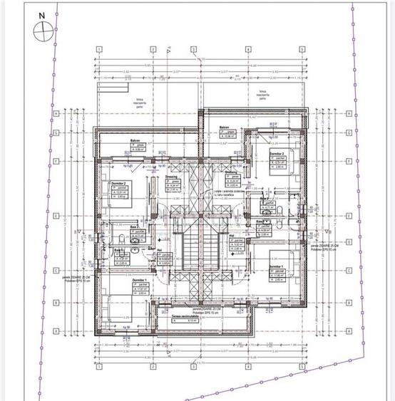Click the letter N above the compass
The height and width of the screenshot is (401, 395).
pyautogui.click(x=41, y=14)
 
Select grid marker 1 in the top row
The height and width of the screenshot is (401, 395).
pyautogui.click(x=98, y=49)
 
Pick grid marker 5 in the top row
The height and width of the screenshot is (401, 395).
pyautogui.click(x=302, y=49)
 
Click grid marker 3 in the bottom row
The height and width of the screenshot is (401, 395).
pyautogui.click(x=193, y=367)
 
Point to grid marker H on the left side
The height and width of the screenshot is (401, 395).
pyautogui.click(x=56, y=113)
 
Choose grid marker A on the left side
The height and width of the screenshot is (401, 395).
pyautogui.click(x=56, y=331)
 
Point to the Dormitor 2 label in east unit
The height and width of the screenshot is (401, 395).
pyautogui.click(x=277, y=153)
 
